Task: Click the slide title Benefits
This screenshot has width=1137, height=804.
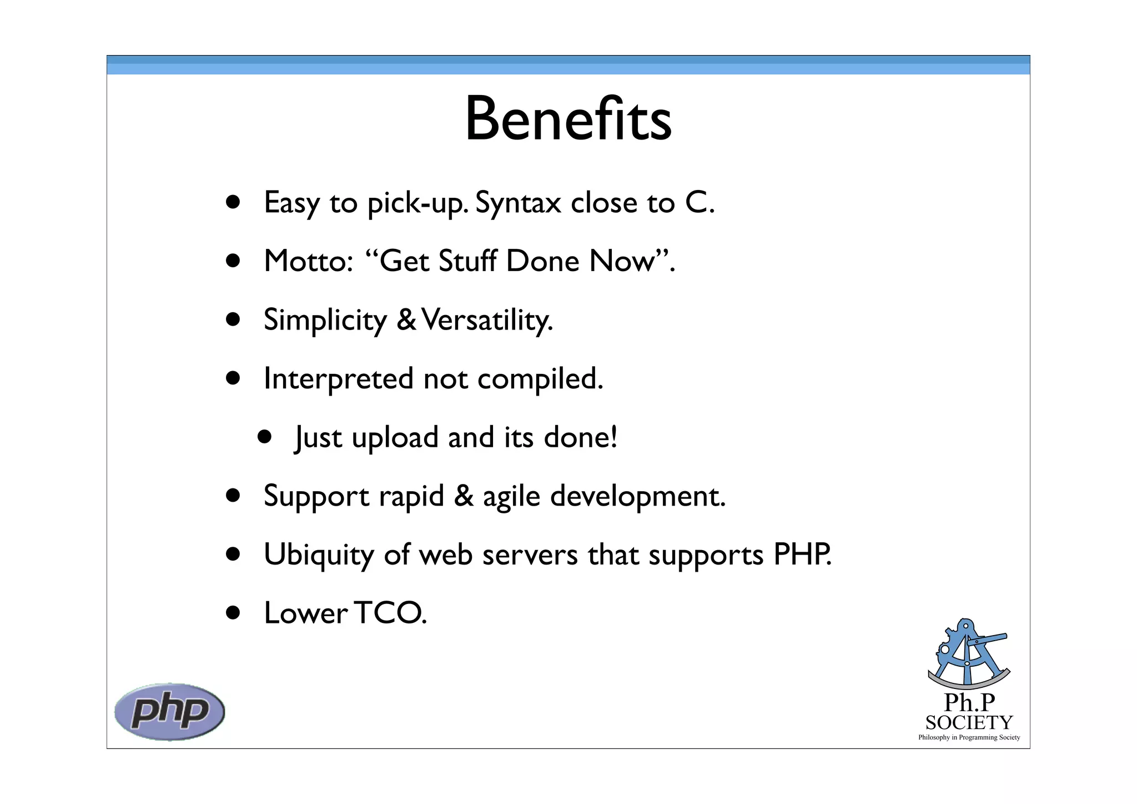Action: [x=568, y=119]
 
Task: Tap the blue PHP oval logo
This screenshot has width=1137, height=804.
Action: [x=169, y=711]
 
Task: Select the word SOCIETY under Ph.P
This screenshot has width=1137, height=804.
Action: [x=969, y=722]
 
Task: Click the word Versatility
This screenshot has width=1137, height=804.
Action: [x=487, y=320]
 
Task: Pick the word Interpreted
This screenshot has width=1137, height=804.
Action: [x=339, y=379]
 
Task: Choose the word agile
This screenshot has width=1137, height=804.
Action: [x=511, y=496]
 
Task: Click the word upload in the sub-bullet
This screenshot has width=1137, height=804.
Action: [x=395, y=438]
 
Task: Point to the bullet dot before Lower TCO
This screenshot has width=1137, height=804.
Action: [x=233, y=613]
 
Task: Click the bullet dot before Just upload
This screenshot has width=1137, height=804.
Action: [x=265, y=437]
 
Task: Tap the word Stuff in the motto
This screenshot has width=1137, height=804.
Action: [x=467, y=261]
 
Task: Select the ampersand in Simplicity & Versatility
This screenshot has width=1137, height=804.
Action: [x=406, y=320]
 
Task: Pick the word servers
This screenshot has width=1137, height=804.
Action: [x=530, y=555]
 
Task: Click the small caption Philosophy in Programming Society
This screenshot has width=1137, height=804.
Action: [x=969, y=737]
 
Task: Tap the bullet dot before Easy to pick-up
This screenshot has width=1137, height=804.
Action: [x=233, y=202]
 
